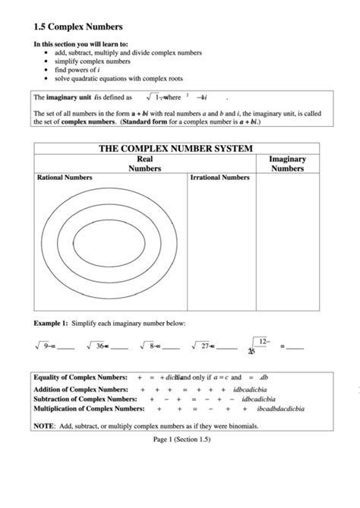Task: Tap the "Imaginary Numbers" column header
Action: [288, 164]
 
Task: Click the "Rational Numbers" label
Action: [65, 178]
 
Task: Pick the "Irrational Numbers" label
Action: [219, 178]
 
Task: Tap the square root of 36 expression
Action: [96, 346]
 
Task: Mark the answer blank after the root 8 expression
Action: [171, 347]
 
